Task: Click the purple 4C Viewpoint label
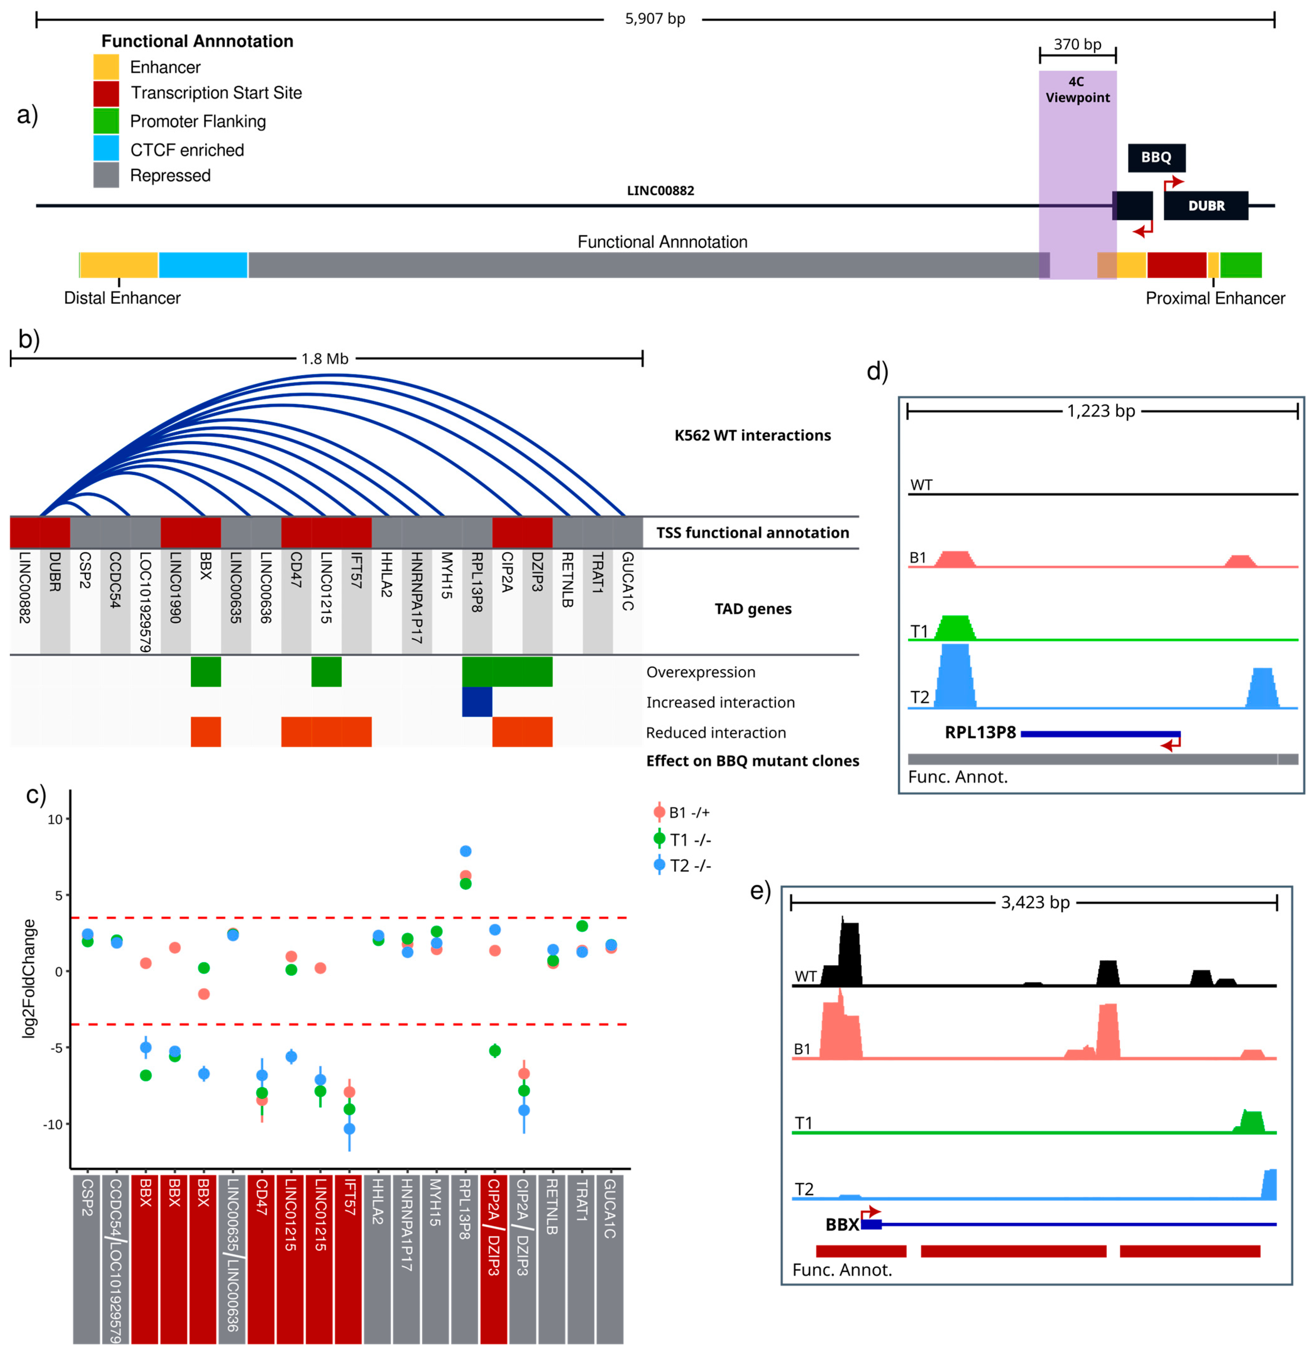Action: pos(1077,90)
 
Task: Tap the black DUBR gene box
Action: pos(1206,206)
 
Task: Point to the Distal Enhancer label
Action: pos(122,298)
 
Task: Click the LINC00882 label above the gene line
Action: pos(660,190)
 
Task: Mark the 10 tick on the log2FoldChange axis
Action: pos(55,819)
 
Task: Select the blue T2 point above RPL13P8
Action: pos(465,851)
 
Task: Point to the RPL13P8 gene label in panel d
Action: pos(980,732)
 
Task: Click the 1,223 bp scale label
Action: pos(1101,412)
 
